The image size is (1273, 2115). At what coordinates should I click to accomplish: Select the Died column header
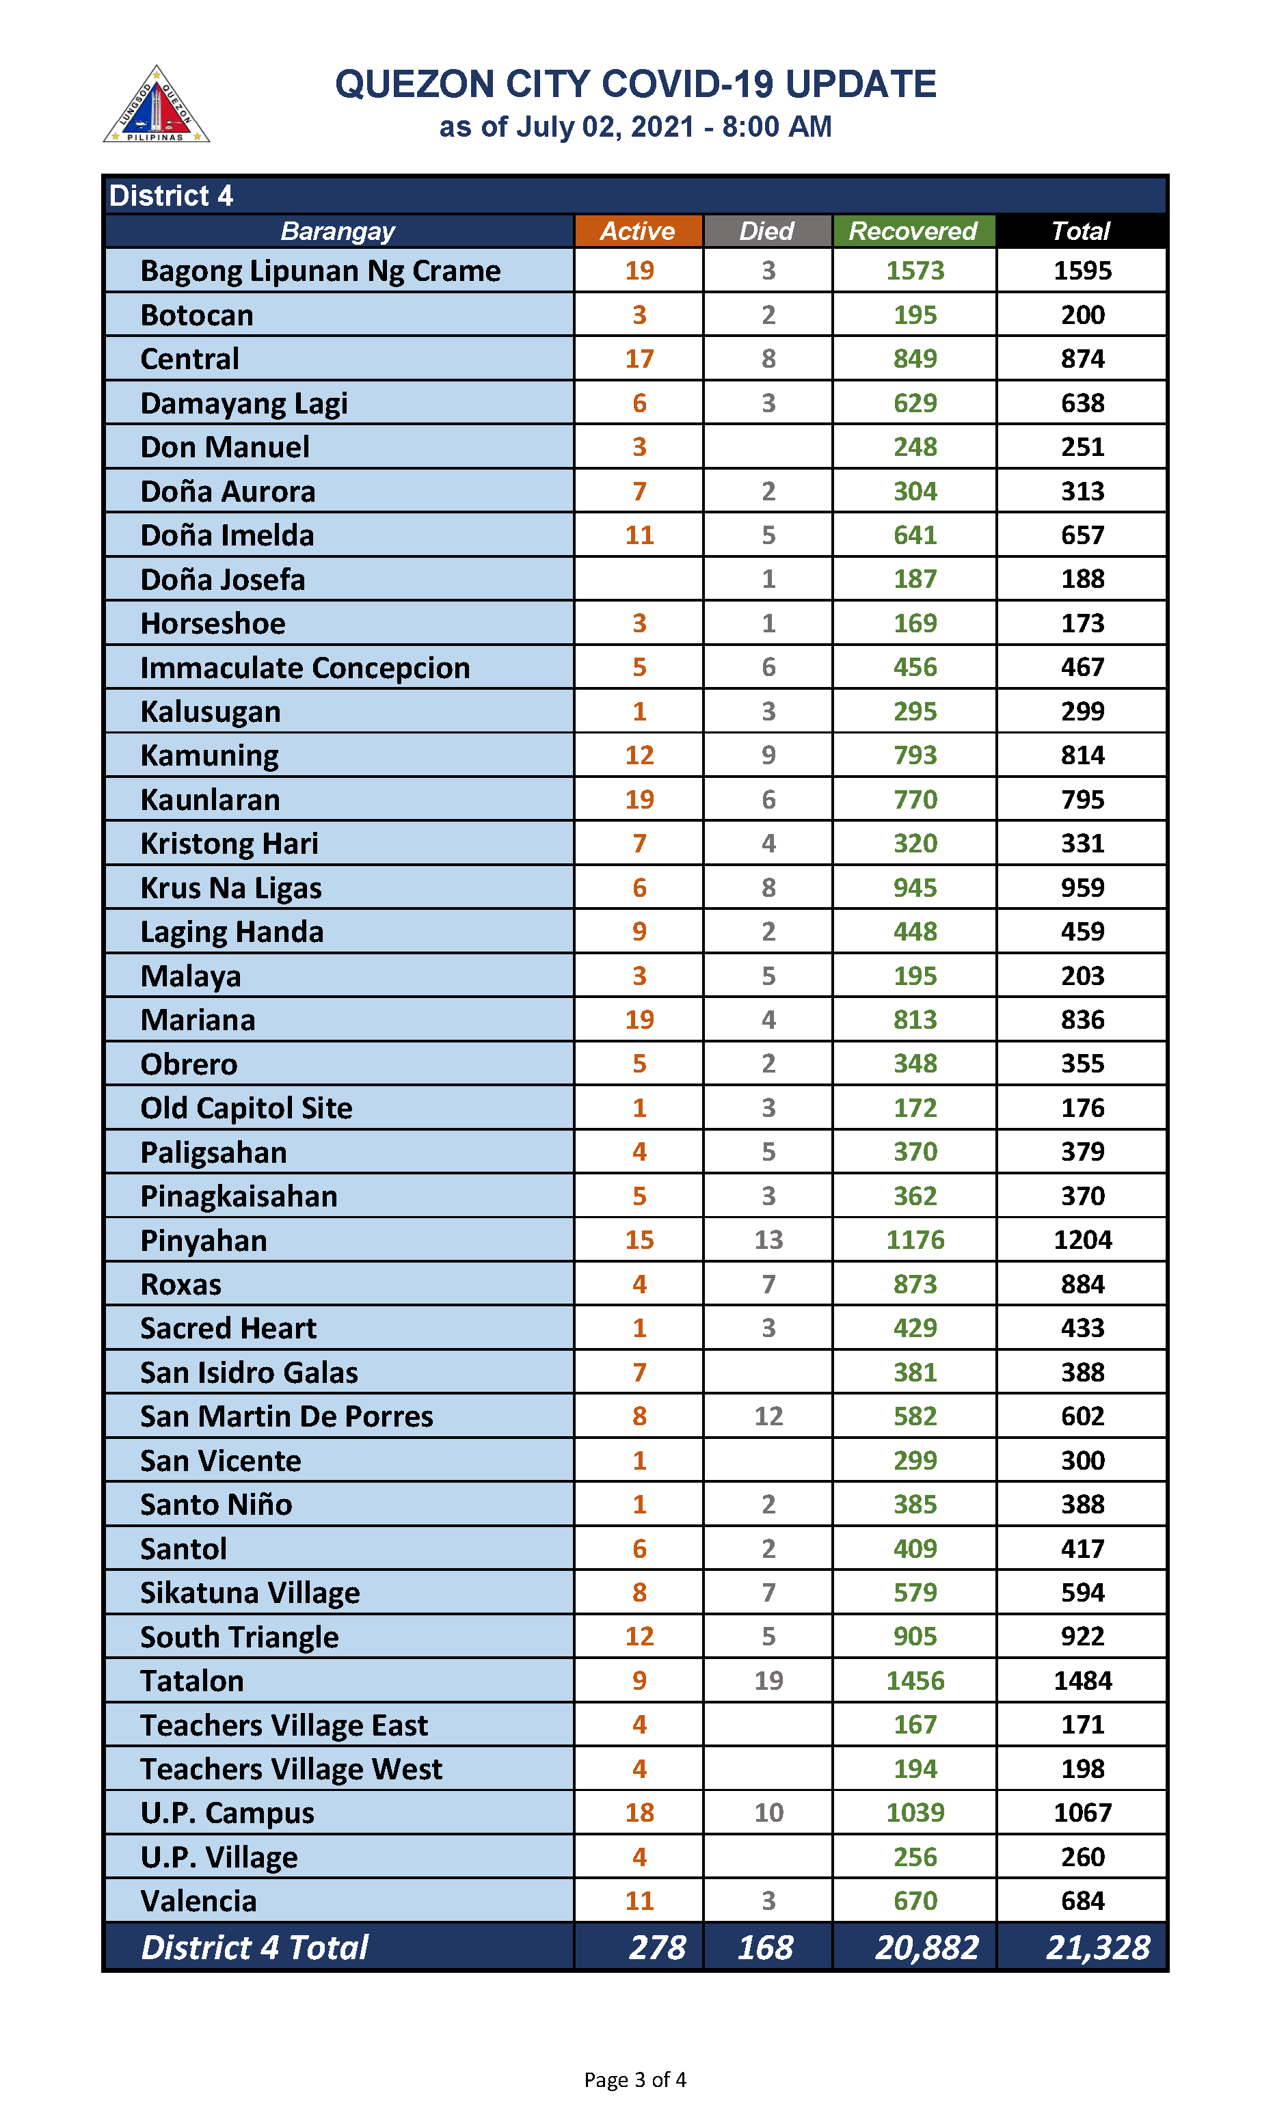point(767,231)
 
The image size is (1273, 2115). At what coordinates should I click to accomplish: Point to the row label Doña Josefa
point(223,580)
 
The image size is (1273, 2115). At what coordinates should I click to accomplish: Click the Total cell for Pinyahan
point(1082,1240)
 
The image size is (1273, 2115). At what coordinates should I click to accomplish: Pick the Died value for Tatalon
point(768,1680)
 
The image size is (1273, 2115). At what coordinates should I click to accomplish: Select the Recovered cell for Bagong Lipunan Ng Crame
point(915,271)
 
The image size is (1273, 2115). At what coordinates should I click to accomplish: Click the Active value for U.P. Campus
point(639,1812)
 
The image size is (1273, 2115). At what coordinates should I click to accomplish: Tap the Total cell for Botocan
point(1082,316)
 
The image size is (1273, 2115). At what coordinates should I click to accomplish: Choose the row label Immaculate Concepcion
point(306,668)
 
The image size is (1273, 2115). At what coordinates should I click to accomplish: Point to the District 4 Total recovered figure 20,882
point(926,1947)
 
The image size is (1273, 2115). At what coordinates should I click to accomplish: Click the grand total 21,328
point(1097,1947)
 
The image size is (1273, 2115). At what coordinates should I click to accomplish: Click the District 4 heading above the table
point(172,196)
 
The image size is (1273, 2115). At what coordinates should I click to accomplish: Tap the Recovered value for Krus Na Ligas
point(915,888)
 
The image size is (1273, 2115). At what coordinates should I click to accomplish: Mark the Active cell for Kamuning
point(639,755)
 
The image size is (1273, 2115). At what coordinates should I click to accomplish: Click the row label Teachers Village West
point(292,1769)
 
